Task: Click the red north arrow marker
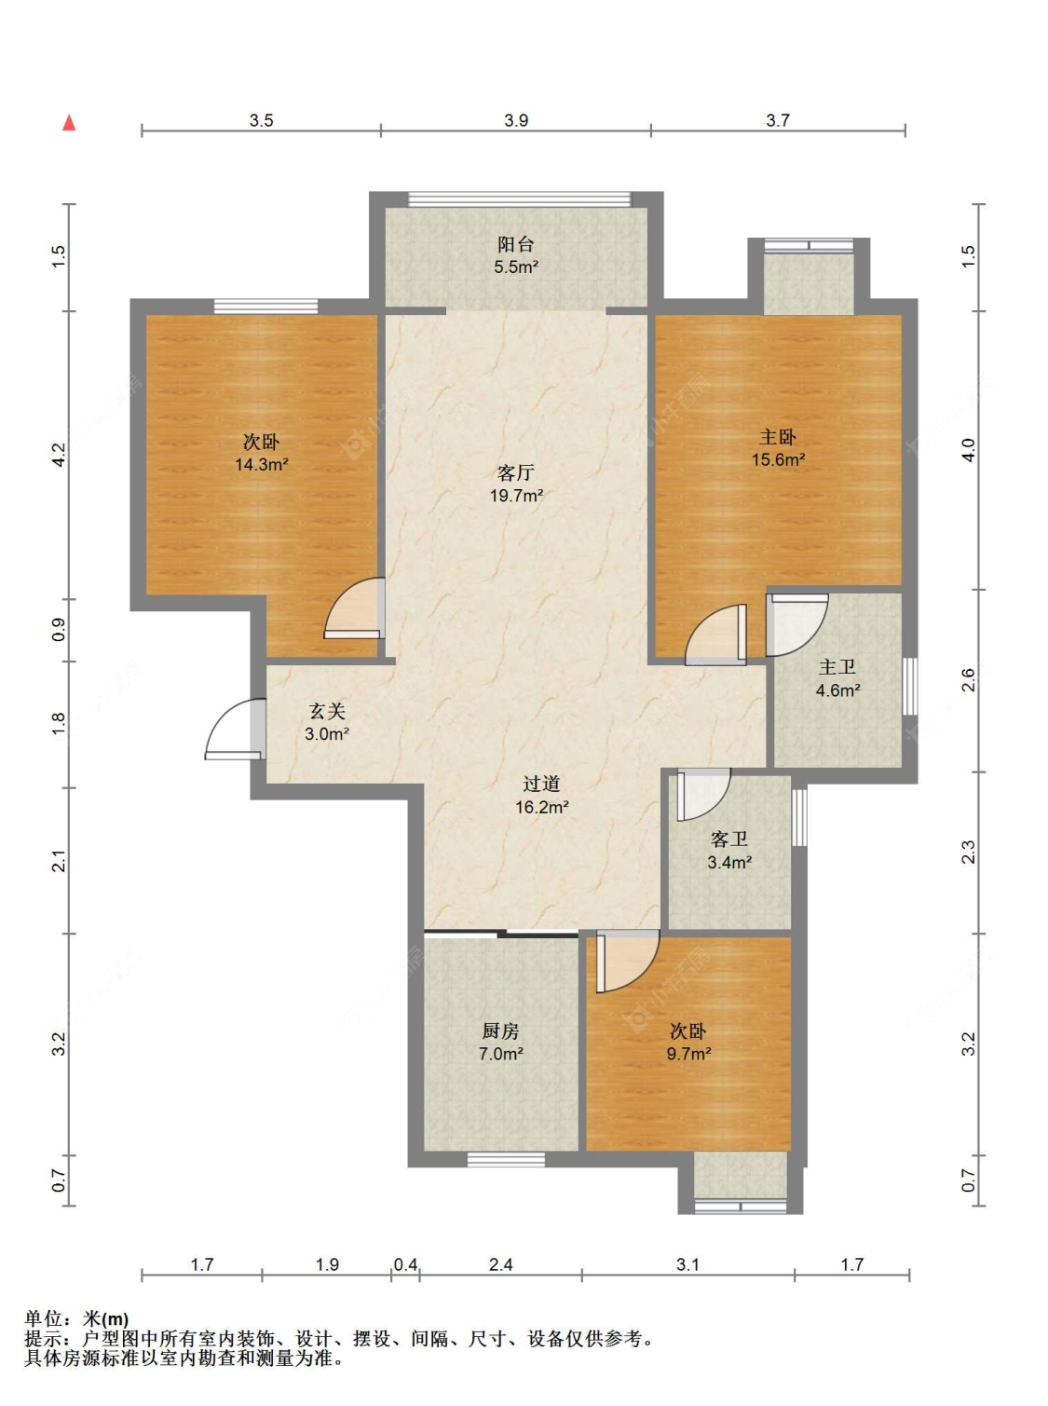coord(69,122)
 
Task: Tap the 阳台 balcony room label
coord(515,244)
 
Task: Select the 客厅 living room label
coord(515,472)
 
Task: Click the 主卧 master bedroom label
coord(777,437)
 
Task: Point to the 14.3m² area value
coord(261,464)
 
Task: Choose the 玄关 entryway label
coord(327,711)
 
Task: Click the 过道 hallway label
coord(541,784)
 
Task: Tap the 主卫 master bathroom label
coord(837,667)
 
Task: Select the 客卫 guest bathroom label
coord(729,839)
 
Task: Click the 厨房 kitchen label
coord(500,1030)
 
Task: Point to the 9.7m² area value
coord(688,1053)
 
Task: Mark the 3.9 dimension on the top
coord(516,120)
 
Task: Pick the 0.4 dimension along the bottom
coord(405,1264)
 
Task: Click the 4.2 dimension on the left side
coord(59,455)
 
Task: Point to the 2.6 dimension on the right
coord(969,679)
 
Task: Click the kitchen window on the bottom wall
coord(506,1159)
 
